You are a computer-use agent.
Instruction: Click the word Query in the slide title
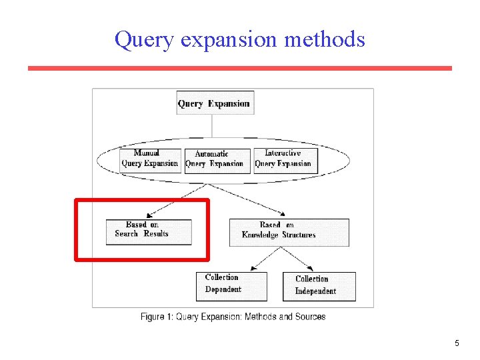point(142,39)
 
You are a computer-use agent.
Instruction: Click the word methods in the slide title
point(325,39)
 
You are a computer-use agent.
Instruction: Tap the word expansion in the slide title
point(229,39)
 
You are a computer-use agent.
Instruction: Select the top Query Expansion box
point(213,103)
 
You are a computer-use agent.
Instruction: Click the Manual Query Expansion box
point(149,159)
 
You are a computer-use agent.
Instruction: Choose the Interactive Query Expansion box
point(283,159)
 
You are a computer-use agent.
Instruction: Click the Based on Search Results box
point(148,231)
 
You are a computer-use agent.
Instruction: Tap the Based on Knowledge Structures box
point(288,231)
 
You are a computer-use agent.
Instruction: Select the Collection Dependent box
point(231,285)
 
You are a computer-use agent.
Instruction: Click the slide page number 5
point(457,343)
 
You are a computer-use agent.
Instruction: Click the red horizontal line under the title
point(240,68)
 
